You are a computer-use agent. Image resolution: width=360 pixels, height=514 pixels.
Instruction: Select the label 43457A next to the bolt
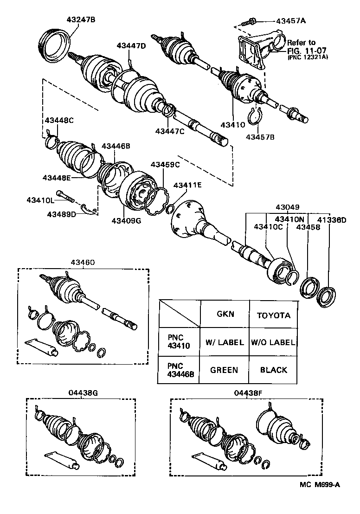point(291,21)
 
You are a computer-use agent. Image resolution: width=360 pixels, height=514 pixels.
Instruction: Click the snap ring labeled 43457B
point(255,116)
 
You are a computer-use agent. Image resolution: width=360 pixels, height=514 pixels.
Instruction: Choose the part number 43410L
point(40,200)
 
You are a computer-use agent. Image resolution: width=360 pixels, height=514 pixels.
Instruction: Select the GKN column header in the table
point(225,314)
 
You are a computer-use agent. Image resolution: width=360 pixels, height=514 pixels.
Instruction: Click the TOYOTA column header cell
point(273,315)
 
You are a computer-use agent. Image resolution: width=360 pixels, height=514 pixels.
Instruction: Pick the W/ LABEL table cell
point(225,342)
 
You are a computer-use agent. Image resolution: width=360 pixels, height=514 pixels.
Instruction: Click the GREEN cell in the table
point(224,370)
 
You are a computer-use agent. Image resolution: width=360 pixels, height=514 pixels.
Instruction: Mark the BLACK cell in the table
point(273,370)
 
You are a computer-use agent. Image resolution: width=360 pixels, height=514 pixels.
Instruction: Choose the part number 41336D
point(331,220)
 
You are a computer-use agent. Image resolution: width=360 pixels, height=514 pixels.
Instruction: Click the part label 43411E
point(188,185)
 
